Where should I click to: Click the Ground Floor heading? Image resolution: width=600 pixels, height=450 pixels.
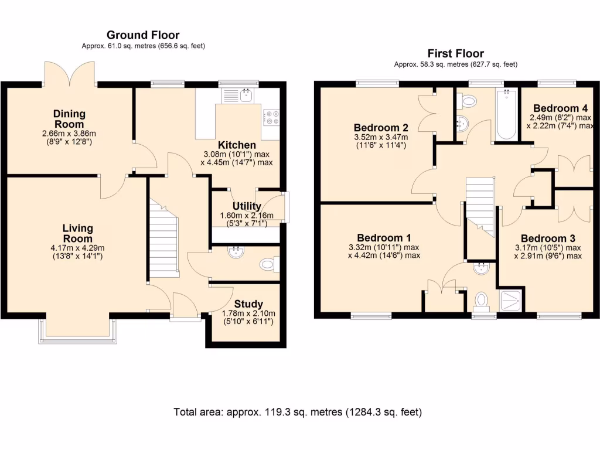[143, 35]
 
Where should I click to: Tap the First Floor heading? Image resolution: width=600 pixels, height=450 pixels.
[456, 53]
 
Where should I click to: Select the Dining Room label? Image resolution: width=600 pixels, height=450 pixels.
[69, 119]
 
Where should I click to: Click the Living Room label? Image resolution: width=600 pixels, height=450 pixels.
[78, 233]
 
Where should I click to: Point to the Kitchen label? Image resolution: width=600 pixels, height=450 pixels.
[237, 145]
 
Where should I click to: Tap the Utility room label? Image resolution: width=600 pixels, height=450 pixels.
[247, 206]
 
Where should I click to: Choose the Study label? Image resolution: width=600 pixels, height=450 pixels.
[248, 304]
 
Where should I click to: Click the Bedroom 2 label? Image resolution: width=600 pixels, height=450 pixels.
[381, 128]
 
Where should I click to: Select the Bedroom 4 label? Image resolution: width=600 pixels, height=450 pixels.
[561, 108]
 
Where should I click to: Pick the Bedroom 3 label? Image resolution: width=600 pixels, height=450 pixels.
[548, 239]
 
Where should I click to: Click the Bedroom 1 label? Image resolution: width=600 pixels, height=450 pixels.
[384, 238]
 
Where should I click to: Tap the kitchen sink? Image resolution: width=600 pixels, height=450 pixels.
[237, 96]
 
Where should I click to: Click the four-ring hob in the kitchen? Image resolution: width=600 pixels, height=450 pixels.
[271, 117]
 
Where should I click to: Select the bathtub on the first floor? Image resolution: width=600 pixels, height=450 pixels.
[507, 114]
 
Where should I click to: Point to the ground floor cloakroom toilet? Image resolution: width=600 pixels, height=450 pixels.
[270, 264]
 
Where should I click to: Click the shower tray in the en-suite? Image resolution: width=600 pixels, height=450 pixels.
[510, 301]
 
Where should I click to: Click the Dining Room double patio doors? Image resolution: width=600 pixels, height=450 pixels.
[69, 73]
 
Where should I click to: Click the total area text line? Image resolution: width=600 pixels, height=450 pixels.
[298, 412]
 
